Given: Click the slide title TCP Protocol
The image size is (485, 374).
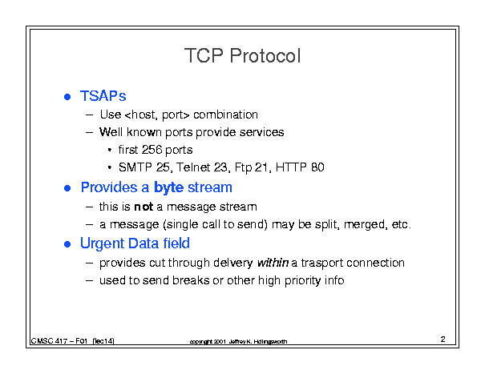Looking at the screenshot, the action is pos(242,55).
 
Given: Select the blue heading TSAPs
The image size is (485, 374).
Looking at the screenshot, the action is pos(103,96).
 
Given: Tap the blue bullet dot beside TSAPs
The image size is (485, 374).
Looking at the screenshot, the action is pos(67,97).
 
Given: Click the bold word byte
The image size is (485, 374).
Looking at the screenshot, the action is pos(169,188).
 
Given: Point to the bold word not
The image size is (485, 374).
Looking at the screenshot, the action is pos(143,207).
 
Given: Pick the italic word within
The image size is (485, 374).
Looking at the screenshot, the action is pos(273,263).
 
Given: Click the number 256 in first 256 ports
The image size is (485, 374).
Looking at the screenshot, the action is pos(152,150).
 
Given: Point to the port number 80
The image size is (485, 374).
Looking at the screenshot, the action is pos(317,167).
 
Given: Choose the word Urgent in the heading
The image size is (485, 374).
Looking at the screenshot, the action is pos(102,244).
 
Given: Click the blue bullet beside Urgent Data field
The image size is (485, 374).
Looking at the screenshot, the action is pos(67,244).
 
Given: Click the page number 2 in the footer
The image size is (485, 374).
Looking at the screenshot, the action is pos(443,339).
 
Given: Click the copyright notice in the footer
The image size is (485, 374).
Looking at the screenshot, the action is pos(238,341).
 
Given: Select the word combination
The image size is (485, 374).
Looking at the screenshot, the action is pos(225,115).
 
